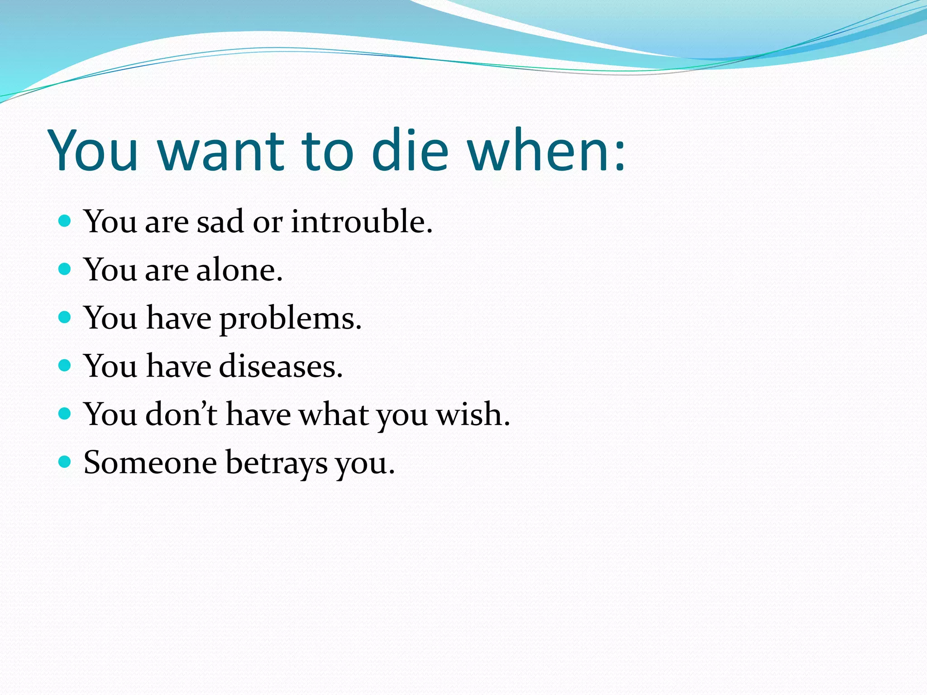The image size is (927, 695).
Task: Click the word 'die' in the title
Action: [x=410, y=150]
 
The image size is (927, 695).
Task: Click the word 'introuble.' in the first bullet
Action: [x=362, y=222]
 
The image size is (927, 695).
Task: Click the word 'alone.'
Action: [x=239, y=270]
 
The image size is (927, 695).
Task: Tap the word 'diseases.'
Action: [x=281, y=367]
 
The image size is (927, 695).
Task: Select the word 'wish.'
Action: [x=473, y=414]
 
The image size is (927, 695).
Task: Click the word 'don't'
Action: [x=181, y=414]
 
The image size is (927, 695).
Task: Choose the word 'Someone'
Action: [x=150, y=463]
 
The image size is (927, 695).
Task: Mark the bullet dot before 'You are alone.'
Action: [x=65, y=269]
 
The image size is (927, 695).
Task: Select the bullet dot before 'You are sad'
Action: [x=65, y=221]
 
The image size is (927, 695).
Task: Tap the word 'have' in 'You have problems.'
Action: [x=179, y=318]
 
